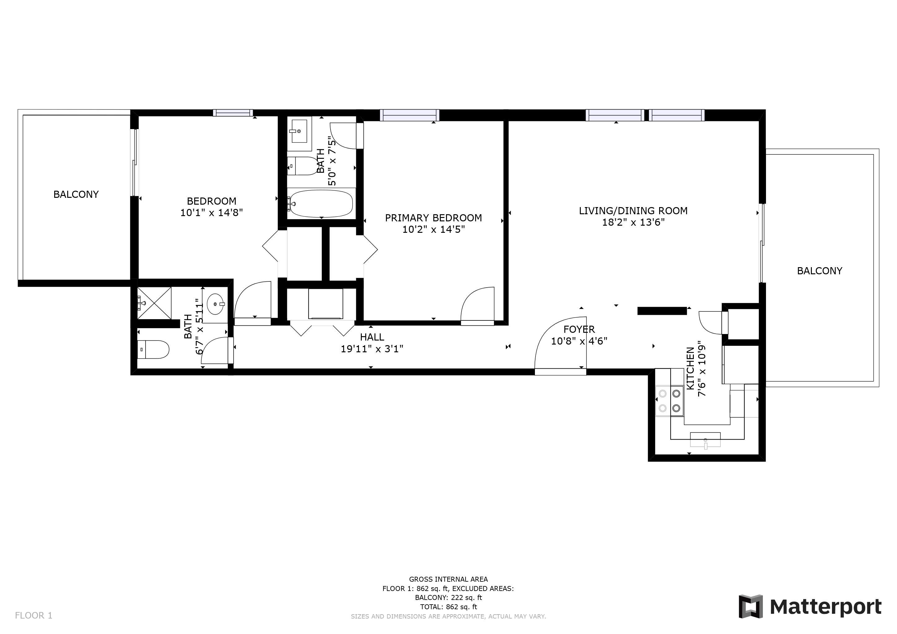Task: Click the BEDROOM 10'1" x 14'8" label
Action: tap(212, 207)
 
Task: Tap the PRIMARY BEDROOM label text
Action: tap(433, 218)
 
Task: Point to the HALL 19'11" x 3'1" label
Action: tap(372, 343)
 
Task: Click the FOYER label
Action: tap(579, 329)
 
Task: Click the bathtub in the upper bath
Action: tap(321, 203)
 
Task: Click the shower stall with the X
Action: tap(154, 303)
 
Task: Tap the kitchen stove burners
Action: tap(670, 401)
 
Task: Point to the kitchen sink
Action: tap(705, 440)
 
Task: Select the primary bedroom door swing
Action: tap(477, 305)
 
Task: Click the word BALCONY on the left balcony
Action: tap(76, 194)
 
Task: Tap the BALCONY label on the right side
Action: tap(820, 271)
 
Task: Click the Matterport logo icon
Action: tap(750, 606)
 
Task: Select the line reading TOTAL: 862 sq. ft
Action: tap(448, 607)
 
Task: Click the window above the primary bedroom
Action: tap(409, 115)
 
